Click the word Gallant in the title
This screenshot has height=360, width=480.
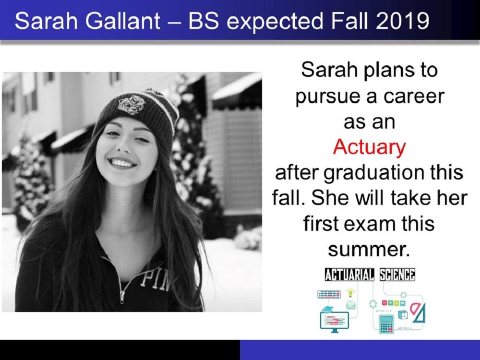point(122,21)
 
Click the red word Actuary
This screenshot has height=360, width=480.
point(369,147)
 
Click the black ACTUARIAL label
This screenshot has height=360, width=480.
point(349,274)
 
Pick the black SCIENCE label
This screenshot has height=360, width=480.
point(397,274)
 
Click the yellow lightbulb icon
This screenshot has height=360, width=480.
point(350,292)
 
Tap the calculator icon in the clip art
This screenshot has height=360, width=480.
point(386,324)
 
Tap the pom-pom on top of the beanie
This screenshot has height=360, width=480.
point(159,93)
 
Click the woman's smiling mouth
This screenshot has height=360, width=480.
point(122,163)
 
